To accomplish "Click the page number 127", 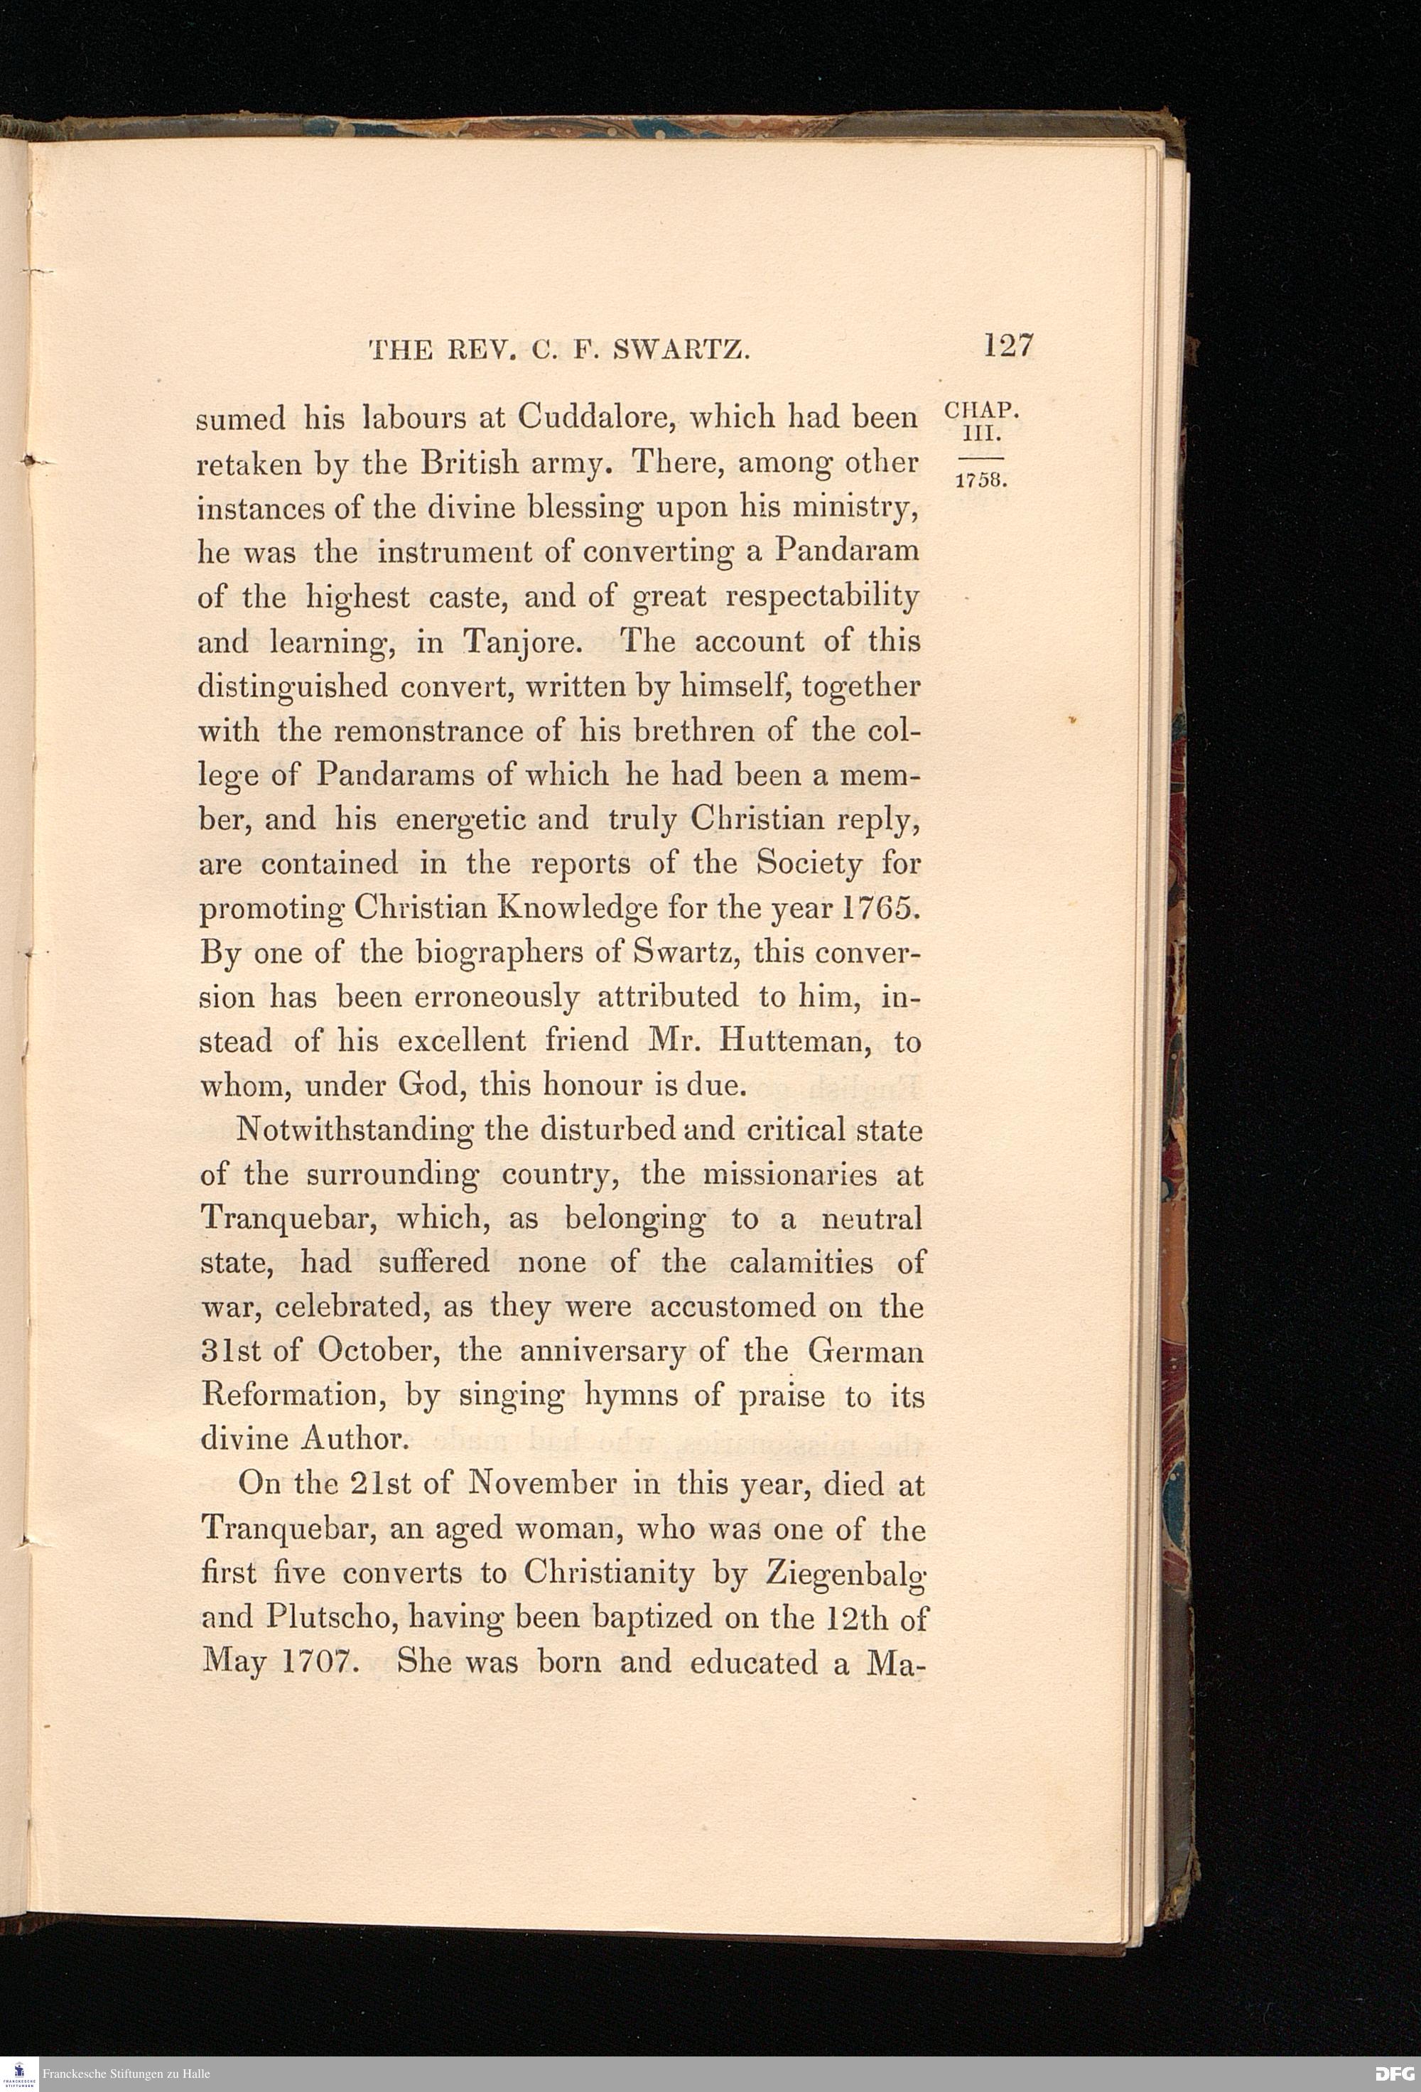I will (x=1009, y=345).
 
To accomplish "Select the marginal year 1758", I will (x=980, y=480).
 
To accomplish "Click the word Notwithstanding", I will (x=355, y=1130).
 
